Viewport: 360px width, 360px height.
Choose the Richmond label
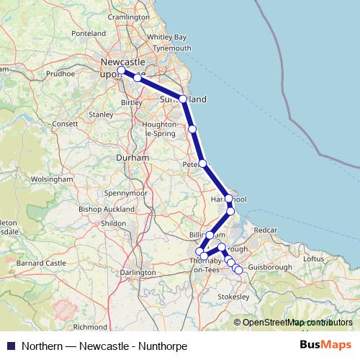point(91,326)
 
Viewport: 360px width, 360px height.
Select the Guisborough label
point(269,267)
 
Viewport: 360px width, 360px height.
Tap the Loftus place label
point(315,258)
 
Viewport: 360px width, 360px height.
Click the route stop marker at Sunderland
point(183,99)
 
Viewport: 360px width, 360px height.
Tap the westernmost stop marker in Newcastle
point(121,71)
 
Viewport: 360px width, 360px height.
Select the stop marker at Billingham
point(210,235)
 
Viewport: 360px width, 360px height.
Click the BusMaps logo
point(325,345)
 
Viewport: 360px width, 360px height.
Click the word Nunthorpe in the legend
point(163,346)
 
